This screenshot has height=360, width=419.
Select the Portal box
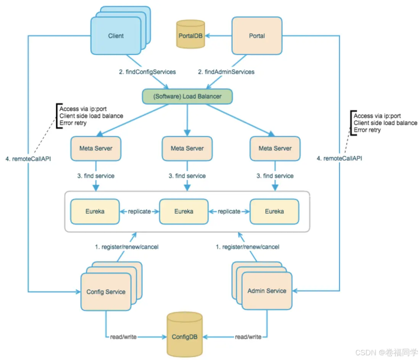257,36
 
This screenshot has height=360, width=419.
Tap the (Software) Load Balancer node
187,96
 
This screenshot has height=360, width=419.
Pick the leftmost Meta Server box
96,148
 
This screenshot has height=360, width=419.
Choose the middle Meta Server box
187,148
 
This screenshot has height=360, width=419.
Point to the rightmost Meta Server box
275,148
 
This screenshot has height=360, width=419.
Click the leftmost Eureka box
95,211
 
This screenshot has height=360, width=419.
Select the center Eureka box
184,211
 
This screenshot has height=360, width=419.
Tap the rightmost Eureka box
274,211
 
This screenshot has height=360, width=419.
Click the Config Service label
106,292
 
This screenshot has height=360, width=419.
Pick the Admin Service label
267,291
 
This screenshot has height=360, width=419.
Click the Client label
116,36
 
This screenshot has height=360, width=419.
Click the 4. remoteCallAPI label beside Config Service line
29,158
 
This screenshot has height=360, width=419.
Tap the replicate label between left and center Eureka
139,211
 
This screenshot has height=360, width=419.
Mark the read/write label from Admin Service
248,337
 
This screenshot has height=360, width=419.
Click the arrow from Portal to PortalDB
219,36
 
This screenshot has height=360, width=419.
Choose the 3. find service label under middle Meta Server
187,176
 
